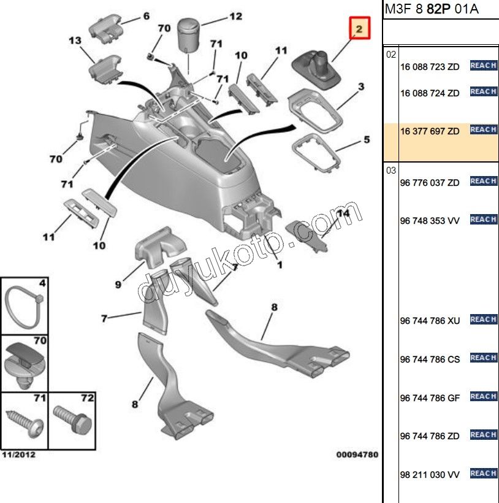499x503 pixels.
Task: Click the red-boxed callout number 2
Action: tap(360, 28)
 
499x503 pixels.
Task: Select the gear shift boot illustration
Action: tap(319, 70)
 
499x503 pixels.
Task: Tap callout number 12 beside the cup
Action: tap(236, 17)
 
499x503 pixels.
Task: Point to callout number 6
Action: tap(146, 17)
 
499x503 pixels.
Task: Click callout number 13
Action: tap(75, 41)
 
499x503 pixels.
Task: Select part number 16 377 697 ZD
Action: tap(429, 131)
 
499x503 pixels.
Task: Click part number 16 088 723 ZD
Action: tap(429, 67)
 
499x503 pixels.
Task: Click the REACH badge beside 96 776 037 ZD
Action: tap(483, 181)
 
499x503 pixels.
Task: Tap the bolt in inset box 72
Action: tap(72, 421)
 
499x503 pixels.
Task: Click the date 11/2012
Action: tap(18, 455)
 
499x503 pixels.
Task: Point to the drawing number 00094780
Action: tap(357, 455)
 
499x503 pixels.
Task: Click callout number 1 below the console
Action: tap(280, 265)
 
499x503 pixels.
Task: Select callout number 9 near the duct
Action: tap(118, 284)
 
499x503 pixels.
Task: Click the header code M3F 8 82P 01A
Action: tap(423, 9)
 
